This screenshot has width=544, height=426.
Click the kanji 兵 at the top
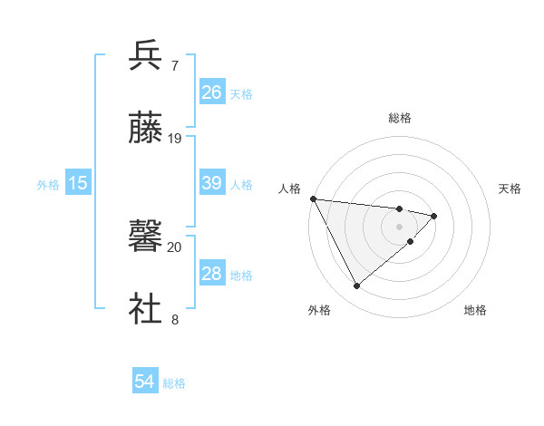[x=146, y=55]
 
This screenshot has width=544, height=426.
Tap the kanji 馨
[x=146, y=237]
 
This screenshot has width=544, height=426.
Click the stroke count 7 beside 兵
[x=174, y=65]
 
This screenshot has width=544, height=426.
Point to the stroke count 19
[x=175, y=138]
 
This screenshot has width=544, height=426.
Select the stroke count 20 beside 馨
[x=175, y=247]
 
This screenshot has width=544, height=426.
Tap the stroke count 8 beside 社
[x=174, y=319]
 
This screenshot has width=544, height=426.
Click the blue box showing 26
[x=212, y=92]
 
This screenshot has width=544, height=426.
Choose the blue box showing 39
[x=212, y=183]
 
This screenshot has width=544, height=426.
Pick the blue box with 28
[x=212, y=274]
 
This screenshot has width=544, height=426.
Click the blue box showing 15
[x=78, y=183]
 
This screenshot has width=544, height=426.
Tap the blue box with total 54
[x=145, y=382]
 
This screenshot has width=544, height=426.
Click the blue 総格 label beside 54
[x=174, y=383]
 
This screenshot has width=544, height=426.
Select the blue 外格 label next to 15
[x=48, y=184]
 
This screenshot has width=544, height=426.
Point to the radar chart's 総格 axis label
[x=400, y=118]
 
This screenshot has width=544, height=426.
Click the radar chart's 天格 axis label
[x=510, y=189]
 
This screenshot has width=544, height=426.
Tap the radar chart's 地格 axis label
[x=475, y=311]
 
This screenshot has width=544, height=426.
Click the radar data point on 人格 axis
[x=313, y=198]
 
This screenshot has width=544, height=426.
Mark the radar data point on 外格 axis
[x=356, y=286]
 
